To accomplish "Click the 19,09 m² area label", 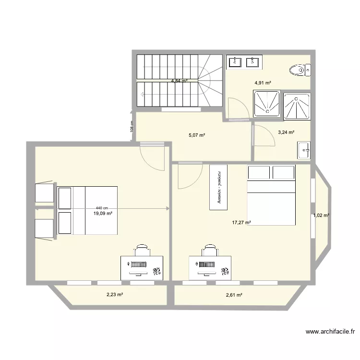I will click(103, 213).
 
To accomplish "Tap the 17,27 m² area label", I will click(241, 222).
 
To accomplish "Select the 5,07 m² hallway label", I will click(197, 135).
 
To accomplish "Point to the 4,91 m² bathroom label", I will click(263, 83).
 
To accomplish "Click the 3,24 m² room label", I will click(286, 132).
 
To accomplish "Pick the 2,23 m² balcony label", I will click(114, 295).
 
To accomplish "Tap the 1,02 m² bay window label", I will click(321, 216).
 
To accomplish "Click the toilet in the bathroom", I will click(300, 71).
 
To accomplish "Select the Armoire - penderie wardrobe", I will click(218, 187).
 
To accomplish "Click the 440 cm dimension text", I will click(102, 208).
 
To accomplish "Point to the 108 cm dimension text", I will click(131, 126).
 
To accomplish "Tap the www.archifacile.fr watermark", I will click(330, 331).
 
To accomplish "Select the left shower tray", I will click(267, 104).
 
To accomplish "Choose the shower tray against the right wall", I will click(297, 106).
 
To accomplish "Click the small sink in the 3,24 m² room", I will click(304, 150).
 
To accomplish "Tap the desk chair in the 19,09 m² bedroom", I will click(142, 251).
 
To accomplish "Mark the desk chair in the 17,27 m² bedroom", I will click(210, 251).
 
